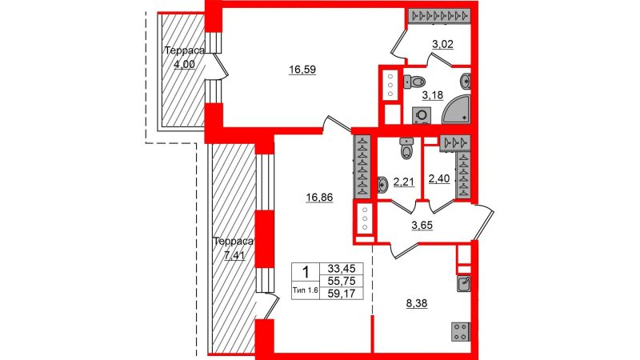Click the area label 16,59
(x=302, y=70)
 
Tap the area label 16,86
(x=319, y=198)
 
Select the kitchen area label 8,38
(x=417, y=303)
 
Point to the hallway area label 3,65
(x=422, y=225)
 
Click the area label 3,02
(x=442, y=44)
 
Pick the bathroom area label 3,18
(x=432, y=95)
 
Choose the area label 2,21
(x=404, y=182)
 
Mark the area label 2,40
(x=439, y=178)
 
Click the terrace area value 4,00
(x=184, y=64)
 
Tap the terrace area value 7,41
(x=234, y=255)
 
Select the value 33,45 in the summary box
(x=342, y=269)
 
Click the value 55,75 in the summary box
(x=342, y=281)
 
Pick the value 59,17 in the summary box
(x=342, y=293)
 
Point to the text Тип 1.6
(x=306, y=290)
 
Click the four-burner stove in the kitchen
(x=461, y=331)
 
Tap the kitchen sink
(x=464, y=284)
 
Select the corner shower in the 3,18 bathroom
(x=456, y=110)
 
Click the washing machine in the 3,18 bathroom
(x=422, y=115)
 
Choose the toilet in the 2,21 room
(x=406, y=148)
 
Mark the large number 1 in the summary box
(x=306, y=272)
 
